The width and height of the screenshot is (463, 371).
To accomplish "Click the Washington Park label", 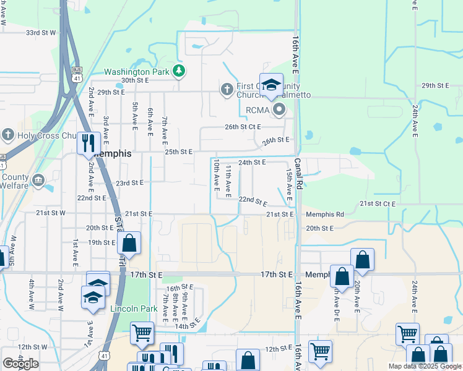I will tap(136, 72).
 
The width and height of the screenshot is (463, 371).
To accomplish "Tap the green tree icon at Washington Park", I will tap(179, 71).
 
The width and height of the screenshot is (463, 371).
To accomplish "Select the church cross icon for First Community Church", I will tap(227, 90).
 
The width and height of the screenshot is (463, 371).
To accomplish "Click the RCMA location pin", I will tap(279, 111).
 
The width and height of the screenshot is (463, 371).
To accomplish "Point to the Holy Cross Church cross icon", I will tap(8, 134).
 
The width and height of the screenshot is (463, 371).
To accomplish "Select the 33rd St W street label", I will tap(41, 32).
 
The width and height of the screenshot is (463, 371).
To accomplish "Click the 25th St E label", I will tap(178, 151).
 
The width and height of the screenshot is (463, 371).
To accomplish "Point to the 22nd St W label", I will tap(91, 198).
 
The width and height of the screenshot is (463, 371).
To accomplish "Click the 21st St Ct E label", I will tap(378, 203).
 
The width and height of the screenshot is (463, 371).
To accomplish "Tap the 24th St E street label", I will tap(252, 162).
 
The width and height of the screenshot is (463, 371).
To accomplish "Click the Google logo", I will tap(20, 363).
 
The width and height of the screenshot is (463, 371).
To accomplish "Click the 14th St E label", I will tap(189, 324).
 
